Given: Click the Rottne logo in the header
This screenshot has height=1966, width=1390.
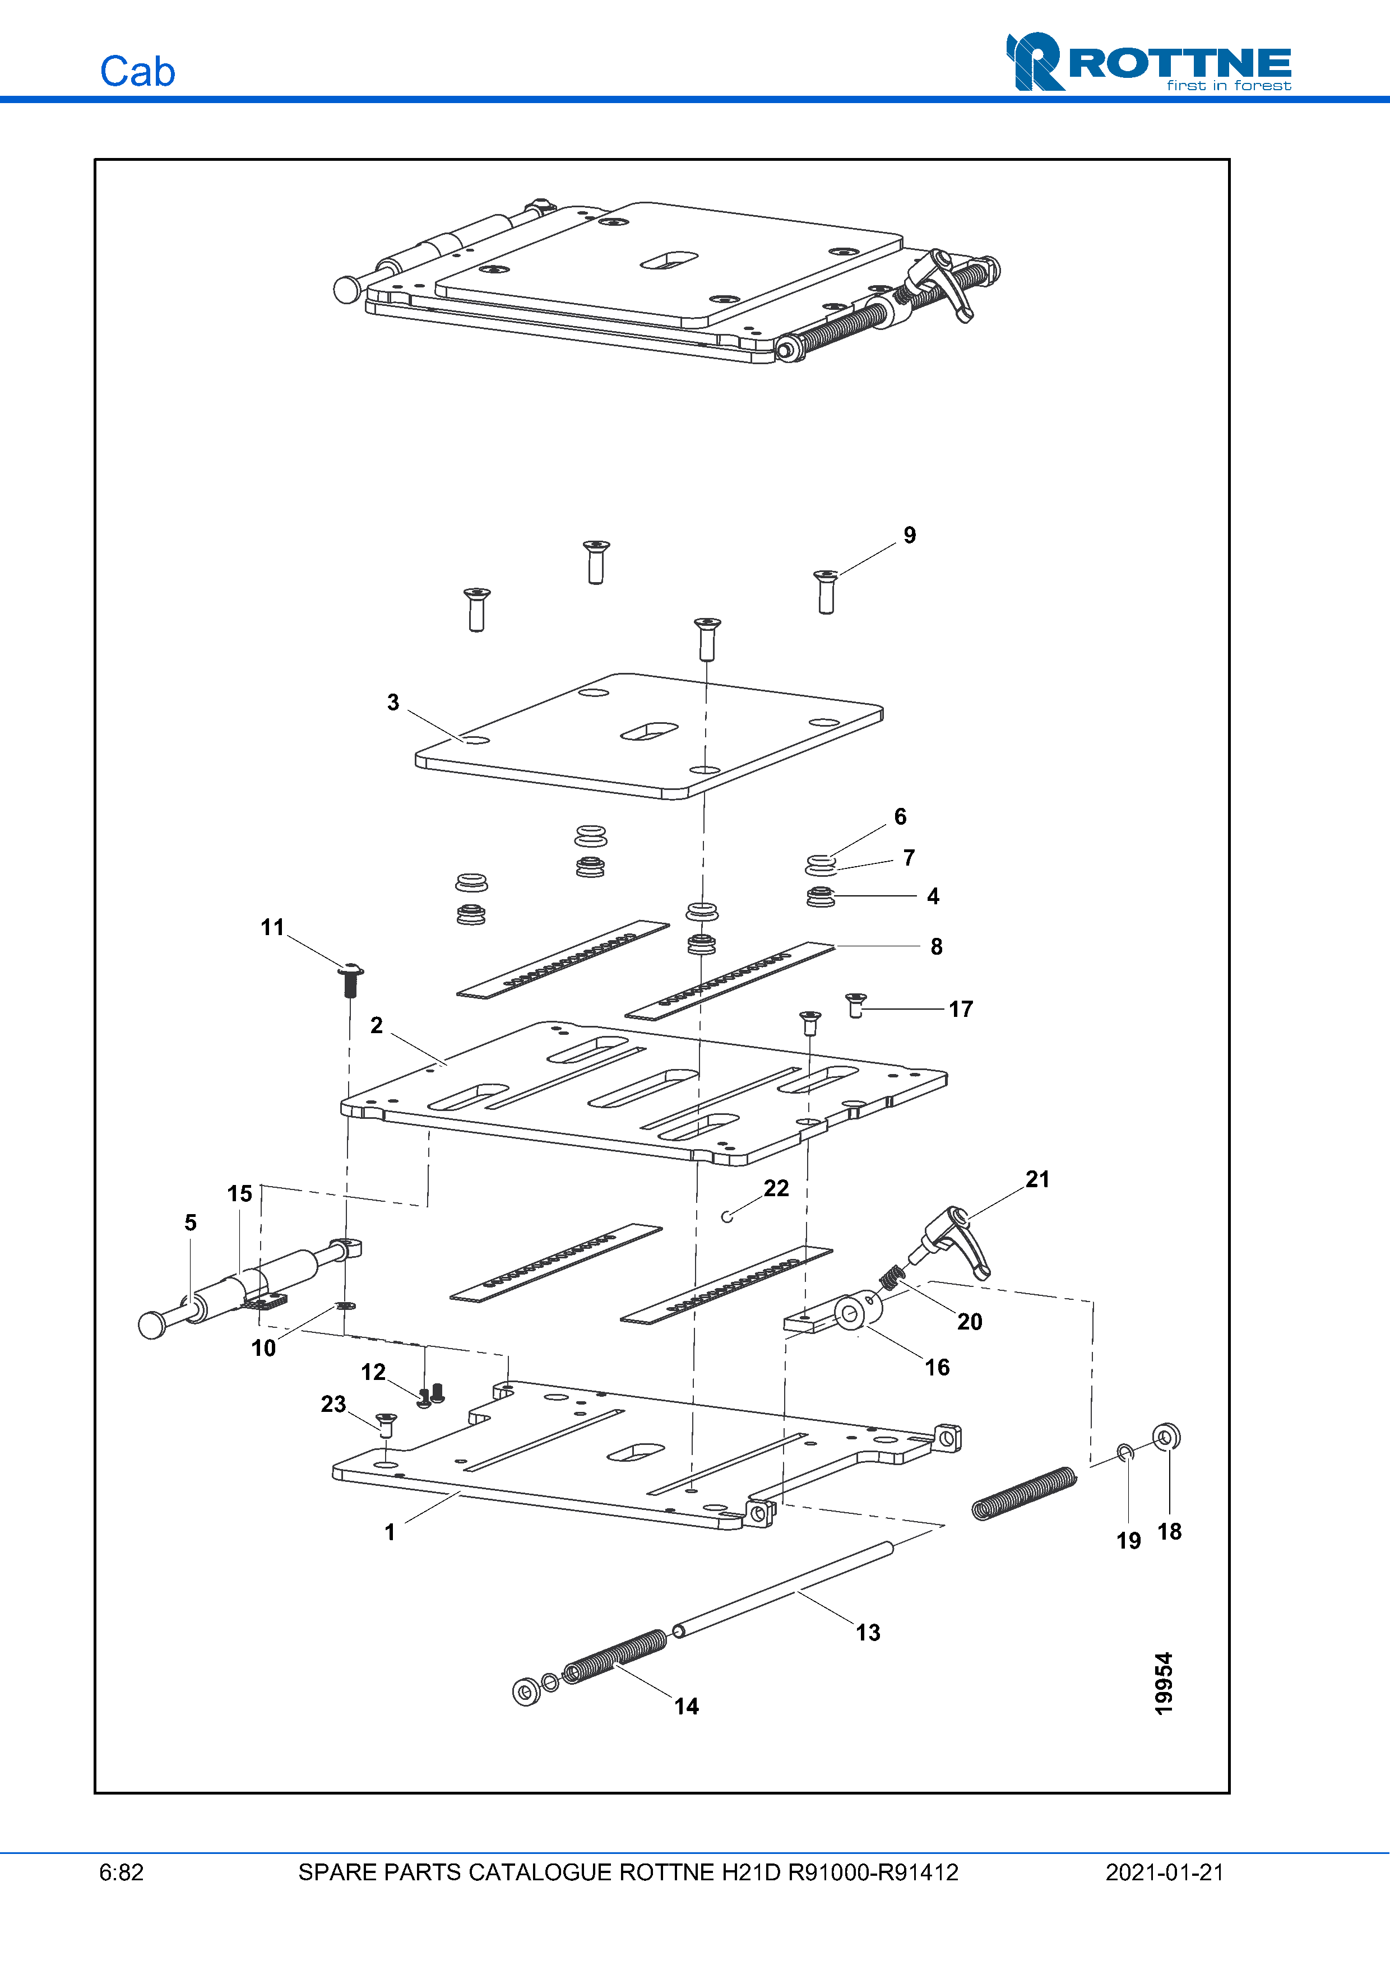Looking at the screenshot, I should (x=1148, y=62).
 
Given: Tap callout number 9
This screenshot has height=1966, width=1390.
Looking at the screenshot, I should (x=910, y=535).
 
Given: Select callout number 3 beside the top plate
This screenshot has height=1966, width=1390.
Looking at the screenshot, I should (x=393, y=702).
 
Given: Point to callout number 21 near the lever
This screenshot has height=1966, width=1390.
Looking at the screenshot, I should (x=1037, y=1179).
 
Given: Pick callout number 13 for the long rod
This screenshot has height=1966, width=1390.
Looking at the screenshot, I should (x=868, y=1632).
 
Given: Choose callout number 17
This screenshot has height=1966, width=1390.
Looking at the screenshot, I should (x=961, y=1008).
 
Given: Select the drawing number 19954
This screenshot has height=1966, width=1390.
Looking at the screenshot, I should (x=1163, y=1684).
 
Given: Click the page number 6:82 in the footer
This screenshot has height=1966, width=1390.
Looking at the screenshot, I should (x=122, y=1872).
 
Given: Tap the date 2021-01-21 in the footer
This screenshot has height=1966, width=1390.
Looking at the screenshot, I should (x=1164, y=1872).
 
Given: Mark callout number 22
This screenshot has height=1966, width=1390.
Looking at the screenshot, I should (x=776, y=1188).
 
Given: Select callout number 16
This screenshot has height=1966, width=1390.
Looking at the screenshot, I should (x=937, y=1367).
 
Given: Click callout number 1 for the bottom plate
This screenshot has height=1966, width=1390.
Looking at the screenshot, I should (x=390, y=1532).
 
